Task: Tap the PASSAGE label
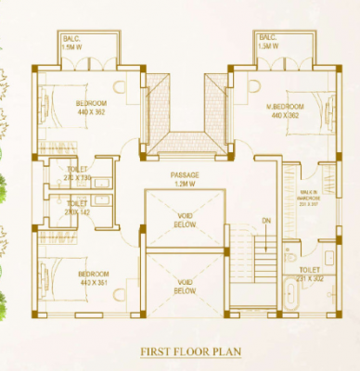pyautogui.click(x=186, y=174)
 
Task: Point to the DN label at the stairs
pyautogui.click(x=266, y=220)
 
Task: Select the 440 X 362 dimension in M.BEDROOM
pyautogui.click(x=287, y=116)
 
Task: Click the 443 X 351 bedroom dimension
pyautogui.click(x=94, y=284)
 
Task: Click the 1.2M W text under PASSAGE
pyautogui.click(x=186, y=184)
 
